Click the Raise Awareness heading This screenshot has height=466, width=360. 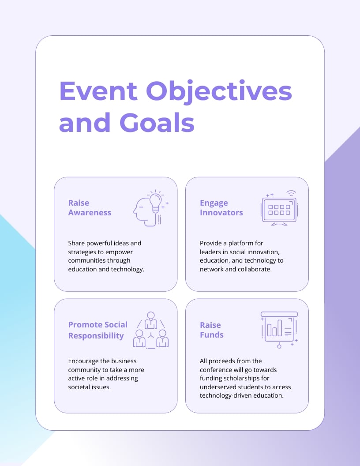click(x=90, y=208)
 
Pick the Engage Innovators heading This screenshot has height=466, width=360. click(x=221, y=208)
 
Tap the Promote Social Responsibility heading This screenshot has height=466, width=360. click(x=97, y=330)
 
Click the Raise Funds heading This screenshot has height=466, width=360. click(x=211, y=330)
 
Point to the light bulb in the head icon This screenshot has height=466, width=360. click(x=155, y=202)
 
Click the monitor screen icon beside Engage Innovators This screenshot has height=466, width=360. click(x=279, y=209)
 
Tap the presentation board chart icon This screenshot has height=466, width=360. click(x=279, y=329)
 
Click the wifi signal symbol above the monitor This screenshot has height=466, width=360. click(x=291, y=193)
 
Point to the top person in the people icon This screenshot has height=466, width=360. click(x=151, y=319)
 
